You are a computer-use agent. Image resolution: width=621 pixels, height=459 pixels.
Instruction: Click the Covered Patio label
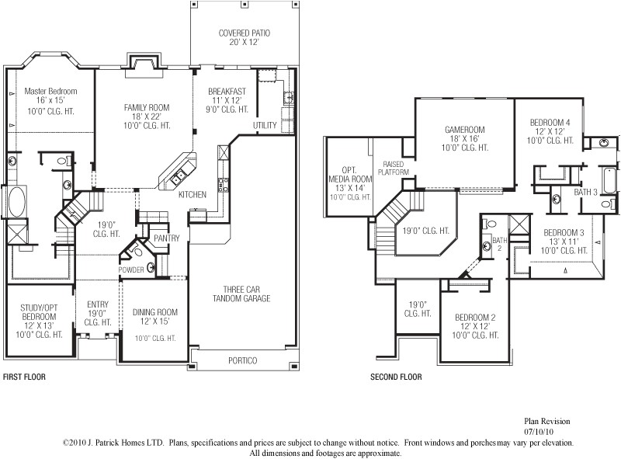tap(245, 33)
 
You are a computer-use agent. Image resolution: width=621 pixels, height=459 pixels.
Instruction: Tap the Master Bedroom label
tap(50, 91)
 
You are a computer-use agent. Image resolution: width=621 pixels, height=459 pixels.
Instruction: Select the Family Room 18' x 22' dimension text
tap(147, 116)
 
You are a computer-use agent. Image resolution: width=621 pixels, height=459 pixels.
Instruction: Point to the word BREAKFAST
tap(227, 92)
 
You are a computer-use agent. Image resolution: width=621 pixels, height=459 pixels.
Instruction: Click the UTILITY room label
tap(265, 125)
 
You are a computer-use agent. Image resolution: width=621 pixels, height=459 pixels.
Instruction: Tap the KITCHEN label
tap(192, 194)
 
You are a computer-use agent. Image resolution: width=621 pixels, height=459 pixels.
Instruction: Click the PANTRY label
tap(167, 238)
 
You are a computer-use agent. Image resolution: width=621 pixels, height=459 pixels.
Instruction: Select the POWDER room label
tap(130, 270)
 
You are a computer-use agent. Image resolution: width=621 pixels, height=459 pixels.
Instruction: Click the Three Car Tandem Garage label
tap(241, 294)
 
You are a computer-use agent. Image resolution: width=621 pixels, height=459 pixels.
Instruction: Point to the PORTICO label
tap(242, 360)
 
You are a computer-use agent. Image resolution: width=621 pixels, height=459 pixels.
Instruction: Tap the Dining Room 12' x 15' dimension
tap(154, 322)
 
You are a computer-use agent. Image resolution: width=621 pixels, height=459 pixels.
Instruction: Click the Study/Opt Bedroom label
tap(39, 312)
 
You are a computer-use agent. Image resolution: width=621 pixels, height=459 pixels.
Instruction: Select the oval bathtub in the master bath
tap(16, 202)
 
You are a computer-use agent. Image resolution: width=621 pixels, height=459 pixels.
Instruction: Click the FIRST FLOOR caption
tap(24, 377)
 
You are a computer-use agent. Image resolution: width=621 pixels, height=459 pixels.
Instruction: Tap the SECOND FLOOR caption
tap(396, 377)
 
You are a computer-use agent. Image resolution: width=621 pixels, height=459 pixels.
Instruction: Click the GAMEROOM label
tap(464, 130)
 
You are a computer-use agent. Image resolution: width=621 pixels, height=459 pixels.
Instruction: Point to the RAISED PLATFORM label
tap(393, 168)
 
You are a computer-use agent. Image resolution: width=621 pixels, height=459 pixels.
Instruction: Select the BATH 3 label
tap(586, 192)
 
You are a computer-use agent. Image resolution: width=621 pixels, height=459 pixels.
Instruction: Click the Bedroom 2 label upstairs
tap(475, 318)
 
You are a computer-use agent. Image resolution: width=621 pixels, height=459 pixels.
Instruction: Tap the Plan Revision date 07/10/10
tap(539, 432)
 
